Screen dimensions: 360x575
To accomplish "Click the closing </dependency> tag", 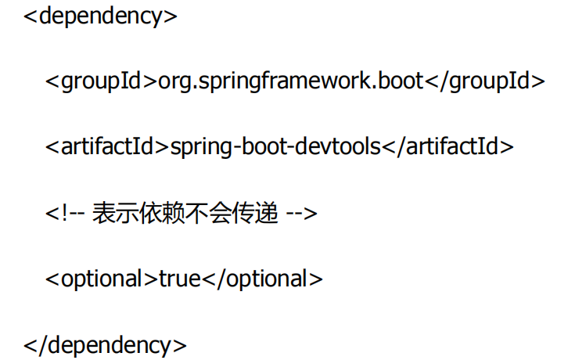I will (x=105, y=344).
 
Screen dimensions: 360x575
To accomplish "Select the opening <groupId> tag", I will (x=101, y=81).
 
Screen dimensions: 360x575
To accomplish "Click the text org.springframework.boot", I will (x=290, y=81).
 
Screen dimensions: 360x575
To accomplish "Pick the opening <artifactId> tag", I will (x=107, y=147).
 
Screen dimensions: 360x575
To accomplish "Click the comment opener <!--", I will (x=65, y=213).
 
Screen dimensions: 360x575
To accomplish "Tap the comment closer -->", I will (x=301, y=213).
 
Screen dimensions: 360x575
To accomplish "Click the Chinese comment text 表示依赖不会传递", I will (x=185, y=213).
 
